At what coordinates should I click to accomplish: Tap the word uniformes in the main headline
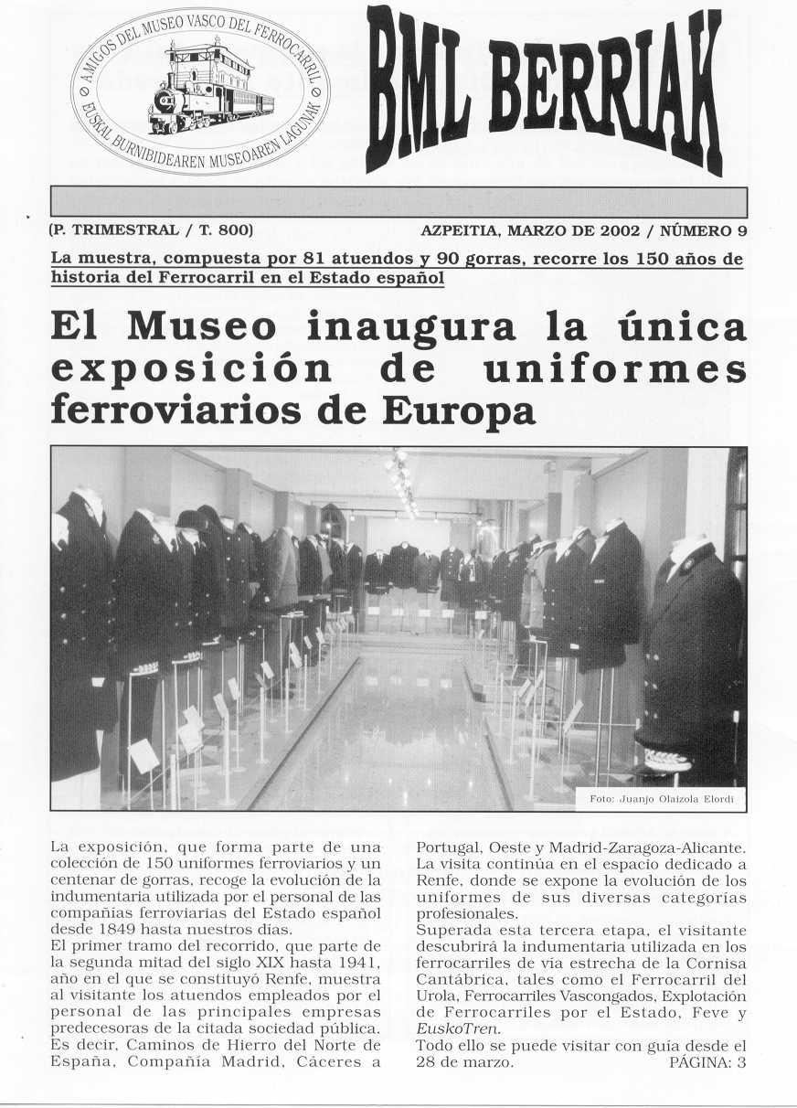tap(616, 369)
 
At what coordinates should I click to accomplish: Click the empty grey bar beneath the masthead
tap(398, 201)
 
